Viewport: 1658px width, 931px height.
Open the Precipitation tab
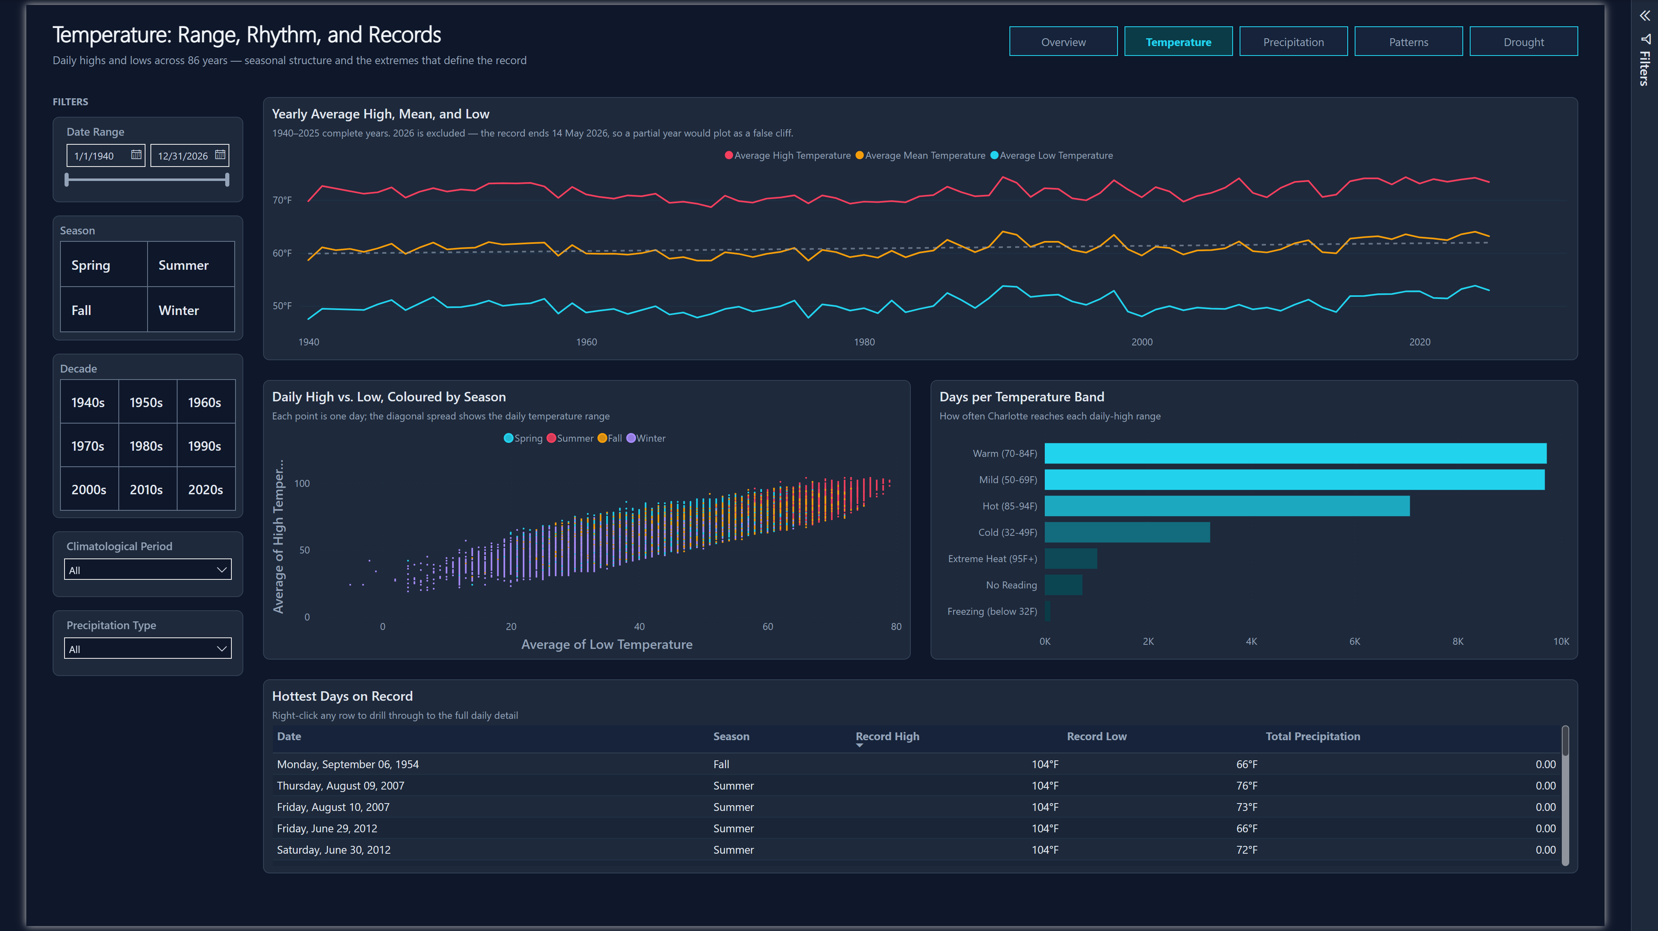click(x=1293, y=42)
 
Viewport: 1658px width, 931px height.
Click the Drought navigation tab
click(x=1524, y=42)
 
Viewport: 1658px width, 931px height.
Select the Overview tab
click(x=1063, y=42)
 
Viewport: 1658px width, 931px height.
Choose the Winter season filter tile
click(x=191, y=310)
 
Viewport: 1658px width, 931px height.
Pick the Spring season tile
click(x=104, y=265)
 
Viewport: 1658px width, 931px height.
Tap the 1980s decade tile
click(x=147, y=445)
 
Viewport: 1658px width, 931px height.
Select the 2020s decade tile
click(x=206, y=489)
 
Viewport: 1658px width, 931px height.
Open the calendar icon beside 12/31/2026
click(x=220, y=155)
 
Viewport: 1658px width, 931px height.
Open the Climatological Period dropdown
click(x=148, y=570)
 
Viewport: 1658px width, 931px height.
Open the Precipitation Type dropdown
click(x=148, y=649)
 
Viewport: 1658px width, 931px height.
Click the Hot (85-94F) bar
click(x=1227, y=506)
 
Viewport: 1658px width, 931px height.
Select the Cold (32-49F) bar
click(x=1127, y=533)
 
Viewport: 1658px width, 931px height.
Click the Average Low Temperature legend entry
click(x=1052, y=155)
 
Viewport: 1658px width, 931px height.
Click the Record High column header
click(x=887, y=736)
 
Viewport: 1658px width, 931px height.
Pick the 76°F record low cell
click(x=1246, y=785)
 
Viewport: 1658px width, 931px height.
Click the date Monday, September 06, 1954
click(x=348, y=764)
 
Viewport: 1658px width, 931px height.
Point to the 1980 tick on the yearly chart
click(x=864, y=342)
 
